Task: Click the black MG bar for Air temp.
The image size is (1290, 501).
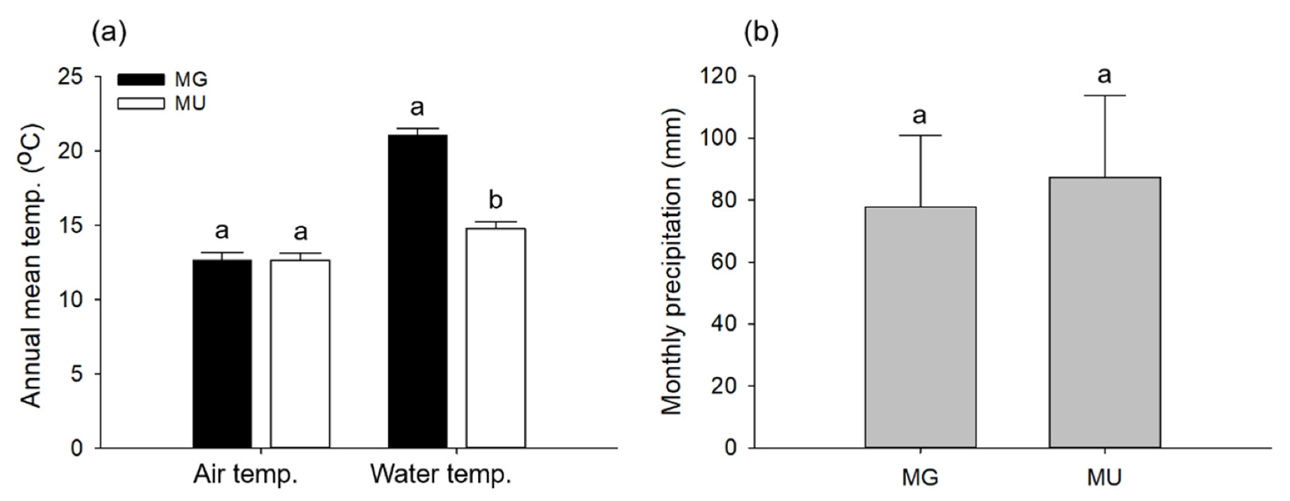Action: (x=222, y=354)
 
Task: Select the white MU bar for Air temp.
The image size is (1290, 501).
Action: (x=300, y=354)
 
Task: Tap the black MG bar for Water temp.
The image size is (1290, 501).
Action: (x=417, y=292)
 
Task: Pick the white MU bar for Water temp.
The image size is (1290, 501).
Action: (x=495, y=338)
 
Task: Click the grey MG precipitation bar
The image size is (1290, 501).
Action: (x=920, y=327)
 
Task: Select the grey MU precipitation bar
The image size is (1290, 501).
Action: (x=1104, y=313)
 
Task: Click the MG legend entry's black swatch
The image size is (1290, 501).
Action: (x=141, y=79)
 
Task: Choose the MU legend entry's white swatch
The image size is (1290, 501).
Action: (x=141, y=104)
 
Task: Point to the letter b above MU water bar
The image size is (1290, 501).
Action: (x=495, y=200)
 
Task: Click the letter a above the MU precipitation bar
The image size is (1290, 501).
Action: (x=1104, y=75)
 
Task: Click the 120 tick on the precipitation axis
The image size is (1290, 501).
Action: (x=719, y=76)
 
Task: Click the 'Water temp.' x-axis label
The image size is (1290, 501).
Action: (x=441, y=474)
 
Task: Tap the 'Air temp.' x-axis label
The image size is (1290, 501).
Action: (x=245, y=474)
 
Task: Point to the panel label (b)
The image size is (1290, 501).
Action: (x=761, y=32)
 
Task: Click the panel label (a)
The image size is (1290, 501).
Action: (x=109, y=32)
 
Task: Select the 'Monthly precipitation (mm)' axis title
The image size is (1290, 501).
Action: (x=672, y=262)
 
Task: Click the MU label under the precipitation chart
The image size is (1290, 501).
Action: (x=1104, y=477)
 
